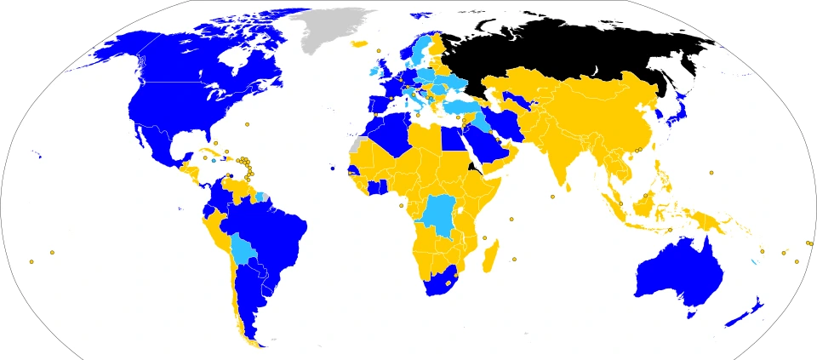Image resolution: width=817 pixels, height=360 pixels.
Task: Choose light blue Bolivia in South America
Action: coord(245,250)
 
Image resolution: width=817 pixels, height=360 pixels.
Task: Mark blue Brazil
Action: coord(272,230)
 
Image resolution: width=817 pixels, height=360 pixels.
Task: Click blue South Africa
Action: coord(443,281)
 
